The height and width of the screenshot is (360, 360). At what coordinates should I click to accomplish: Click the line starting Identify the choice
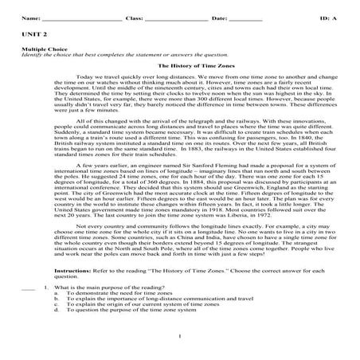tap(112, 56)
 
